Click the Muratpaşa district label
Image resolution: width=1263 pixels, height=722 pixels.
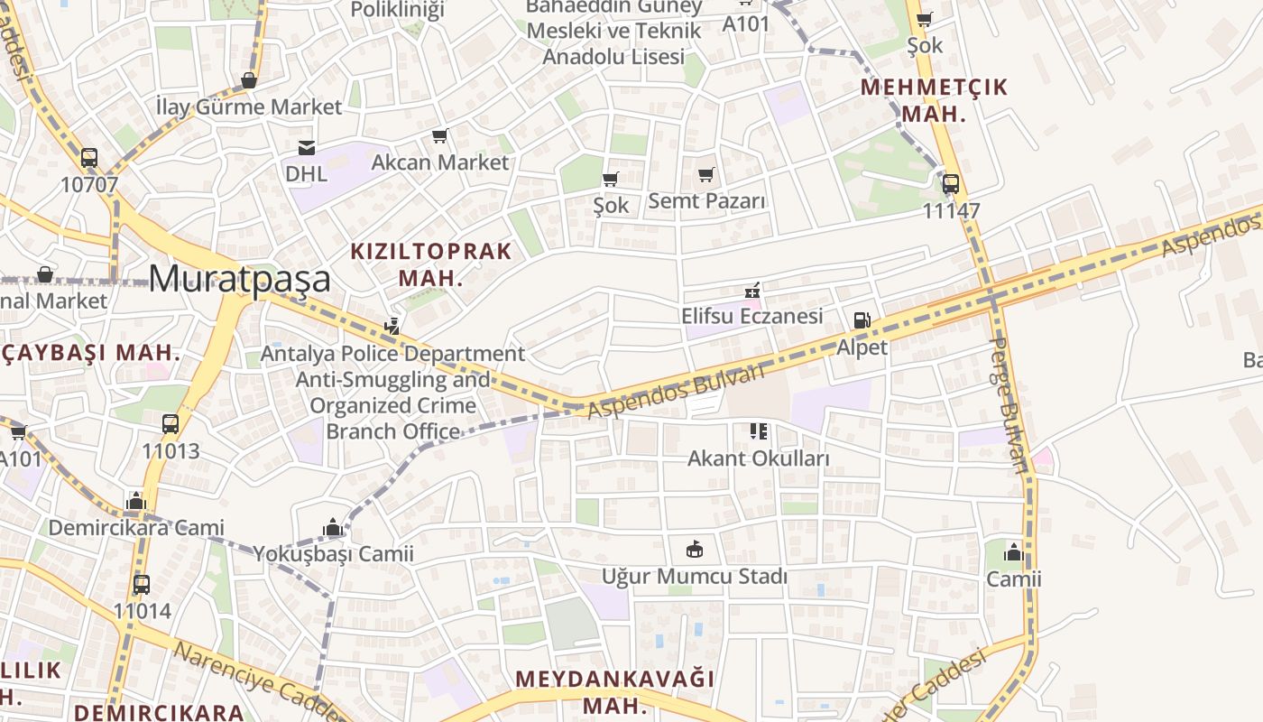[x=239, y=279]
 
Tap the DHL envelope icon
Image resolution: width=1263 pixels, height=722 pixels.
[x=307, y=148]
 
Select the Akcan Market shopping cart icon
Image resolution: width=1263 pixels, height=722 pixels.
[x=440, y=136]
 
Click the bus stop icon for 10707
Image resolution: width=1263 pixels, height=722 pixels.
[x=89, y=158]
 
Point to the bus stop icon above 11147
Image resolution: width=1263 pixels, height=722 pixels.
[x=951, y=184]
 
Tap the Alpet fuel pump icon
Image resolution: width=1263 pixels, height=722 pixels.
[x=862, y=320]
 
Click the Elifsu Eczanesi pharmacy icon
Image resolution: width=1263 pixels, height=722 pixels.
[x=751, y=291]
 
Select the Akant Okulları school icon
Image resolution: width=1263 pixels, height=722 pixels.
[x=758, y=431]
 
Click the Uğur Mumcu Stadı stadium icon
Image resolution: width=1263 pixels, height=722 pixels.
[x=695, y=549]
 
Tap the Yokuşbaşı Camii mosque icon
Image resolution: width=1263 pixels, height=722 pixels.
[x=333, y=527]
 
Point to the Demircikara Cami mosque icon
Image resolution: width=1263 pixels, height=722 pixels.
[x=136, y=501]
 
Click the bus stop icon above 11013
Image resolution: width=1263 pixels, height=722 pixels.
[x=171, y=424]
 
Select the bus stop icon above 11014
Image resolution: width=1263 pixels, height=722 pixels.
[x=142, y=584]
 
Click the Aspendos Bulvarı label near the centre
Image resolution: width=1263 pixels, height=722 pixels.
[x=676, y=391]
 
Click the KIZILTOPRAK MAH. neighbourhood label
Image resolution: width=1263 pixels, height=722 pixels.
[x=431, y=264]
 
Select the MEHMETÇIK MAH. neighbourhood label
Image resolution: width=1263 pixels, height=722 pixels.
[x=934, y=100]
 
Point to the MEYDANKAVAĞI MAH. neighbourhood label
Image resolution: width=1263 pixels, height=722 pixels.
[x=614, y=691]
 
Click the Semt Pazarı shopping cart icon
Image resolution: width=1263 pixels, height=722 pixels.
[x=706, y=174]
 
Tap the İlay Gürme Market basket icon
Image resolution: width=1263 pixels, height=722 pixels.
[x=249, y=81]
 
